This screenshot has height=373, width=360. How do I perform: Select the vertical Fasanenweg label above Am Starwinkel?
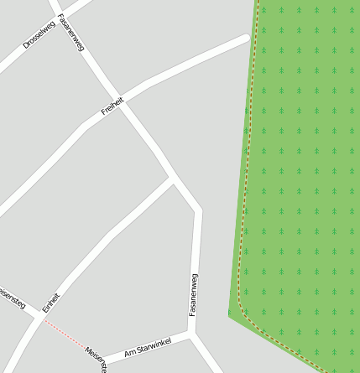pyautogui.click(x=194, y=294)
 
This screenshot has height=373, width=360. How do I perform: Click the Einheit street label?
pyautogui.click(x=52, y=303)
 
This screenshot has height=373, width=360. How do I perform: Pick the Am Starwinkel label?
pyautogui.click(x=147, y=349)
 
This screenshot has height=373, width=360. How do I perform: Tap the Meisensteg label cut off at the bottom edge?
pyautogui.click(x=97, y=360)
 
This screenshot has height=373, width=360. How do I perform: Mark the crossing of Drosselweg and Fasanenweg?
pyautogui.click(x=58, y=14)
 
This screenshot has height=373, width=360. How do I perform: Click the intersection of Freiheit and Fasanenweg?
pyautogui.click(x=124, y=101)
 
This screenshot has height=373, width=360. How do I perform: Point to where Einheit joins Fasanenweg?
pyautogui.click(x=174, y=179)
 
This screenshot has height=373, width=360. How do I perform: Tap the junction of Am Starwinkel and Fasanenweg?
pyautogui.click(x=191, y=334)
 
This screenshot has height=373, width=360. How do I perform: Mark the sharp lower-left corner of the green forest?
pyautogui.click(x=229, y=315)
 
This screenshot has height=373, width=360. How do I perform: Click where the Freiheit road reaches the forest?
pyautogui.click(x=249, y=37)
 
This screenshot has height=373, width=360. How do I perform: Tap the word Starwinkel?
pyautogui.click(x=154, y=346)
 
